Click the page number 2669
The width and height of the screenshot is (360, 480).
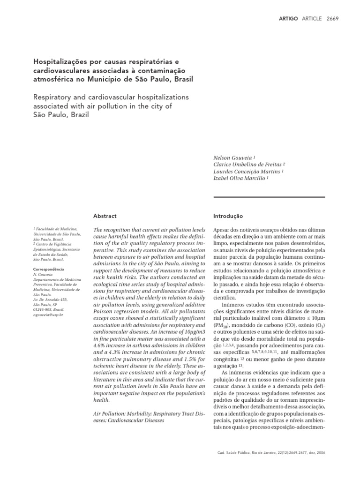coord(331,18)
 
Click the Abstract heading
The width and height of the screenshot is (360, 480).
coord(105,216)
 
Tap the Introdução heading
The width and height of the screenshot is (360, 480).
coord(228,216)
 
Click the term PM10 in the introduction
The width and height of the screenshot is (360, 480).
coord(220,325)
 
